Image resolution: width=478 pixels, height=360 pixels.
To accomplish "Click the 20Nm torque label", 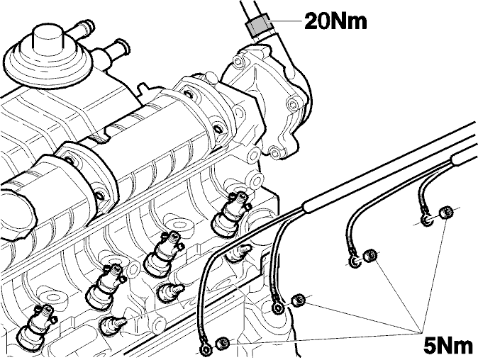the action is (x=335, y=21).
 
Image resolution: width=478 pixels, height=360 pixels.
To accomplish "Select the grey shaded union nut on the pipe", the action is (x=259, y=24).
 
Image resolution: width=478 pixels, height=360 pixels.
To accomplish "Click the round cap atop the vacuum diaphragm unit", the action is (x=48, y=37).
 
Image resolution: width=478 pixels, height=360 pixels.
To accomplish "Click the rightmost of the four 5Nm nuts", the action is (x=445, y=213).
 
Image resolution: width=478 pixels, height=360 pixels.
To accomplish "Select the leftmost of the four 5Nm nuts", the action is (x=222, y=343).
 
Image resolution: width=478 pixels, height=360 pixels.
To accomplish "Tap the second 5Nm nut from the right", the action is (x=369, y=255).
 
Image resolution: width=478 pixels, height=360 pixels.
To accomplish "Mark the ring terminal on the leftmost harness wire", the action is (x=206, y=349).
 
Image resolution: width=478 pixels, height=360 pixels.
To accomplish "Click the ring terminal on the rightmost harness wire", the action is (x=426, y=220).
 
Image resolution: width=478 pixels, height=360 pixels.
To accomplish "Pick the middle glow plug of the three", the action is (x=169, y=291).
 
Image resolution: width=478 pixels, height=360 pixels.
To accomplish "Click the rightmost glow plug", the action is (x=238, y=254).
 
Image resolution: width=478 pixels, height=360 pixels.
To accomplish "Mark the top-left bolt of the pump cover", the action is (x=238, y=61).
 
